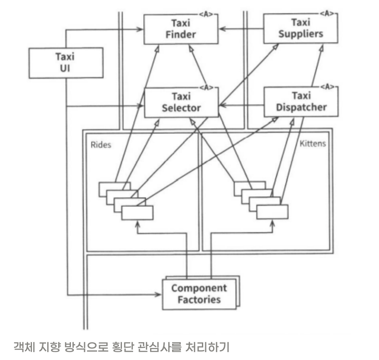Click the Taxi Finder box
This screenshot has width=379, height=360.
coord(181,29)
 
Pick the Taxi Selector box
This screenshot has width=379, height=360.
coord(181,102)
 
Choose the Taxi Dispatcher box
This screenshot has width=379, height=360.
coord(301,102)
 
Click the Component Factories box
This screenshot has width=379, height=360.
coord(199,294)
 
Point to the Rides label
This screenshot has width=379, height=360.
coord(101,146)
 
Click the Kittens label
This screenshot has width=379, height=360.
coord(312,144)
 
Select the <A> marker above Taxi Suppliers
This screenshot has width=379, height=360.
coord(328,14)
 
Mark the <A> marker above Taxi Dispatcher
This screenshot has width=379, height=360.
coord(328,87)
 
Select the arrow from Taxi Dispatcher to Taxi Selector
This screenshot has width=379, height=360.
coord(241,105)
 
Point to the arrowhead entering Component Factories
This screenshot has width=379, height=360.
coord(158,294)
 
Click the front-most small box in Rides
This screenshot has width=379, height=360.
coord(137,213)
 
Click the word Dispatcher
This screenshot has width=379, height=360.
coord(301,107)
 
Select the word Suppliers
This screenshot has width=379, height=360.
coord(301,34)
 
